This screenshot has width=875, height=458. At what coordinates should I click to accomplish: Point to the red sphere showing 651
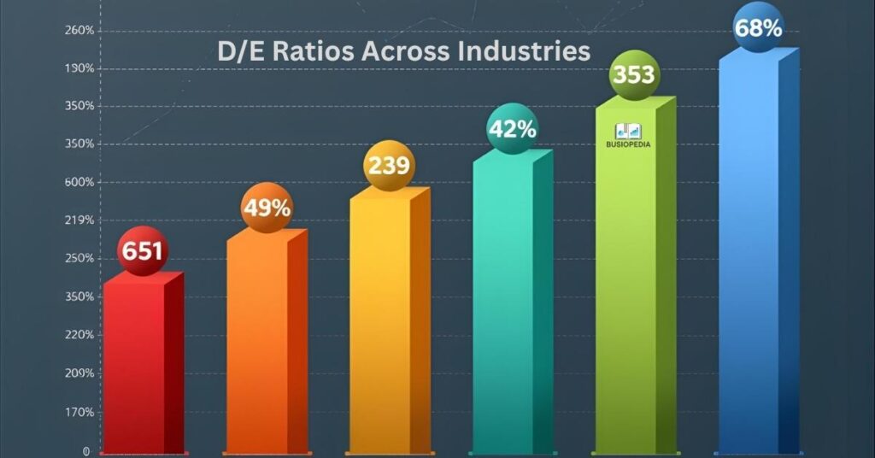143,252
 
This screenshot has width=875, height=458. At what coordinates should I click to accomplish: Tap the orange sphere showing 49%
267,208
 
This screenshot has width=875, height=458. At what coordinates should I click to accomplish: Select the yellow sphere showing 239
389,165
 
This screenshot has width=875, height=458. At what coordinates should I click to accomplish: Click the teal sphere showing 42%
512,129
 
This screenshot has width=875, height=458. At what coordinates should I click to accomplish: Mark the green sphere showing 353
634,74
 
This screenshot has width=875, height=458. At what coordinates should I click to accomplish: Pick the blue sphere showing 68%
758,28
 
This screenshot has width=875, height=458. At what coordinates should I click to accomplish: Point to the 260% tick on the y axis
79,31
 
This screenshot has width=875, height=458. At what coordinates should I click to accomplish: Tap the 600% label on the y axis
79,182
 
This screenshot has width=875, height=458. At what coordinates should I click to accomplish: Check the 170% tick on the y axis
79,412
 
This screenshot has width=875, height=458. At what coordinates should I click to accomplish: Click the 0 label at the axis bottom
85,450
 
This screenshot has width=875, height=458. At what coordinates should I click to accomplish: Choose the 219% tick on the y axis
79,220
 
